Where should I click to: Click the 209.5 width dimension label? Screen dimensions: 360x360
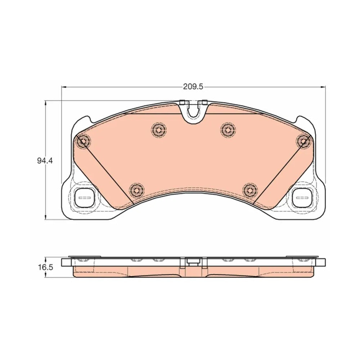point(193,87)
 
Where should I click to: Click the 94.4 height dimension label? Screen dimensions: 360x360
point(45,161)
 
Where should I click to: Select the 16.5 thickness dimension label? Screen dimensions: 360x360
point(45,267)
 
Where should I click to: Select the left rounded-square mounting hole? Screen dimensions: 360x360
point(85,198)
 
